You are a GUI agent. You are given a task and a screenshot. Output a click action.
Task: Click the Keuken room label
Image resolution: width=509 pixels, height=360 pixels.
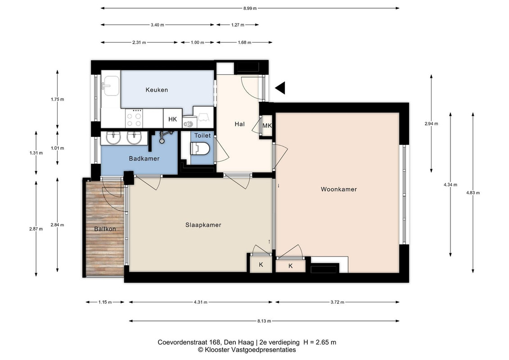pos(157,90)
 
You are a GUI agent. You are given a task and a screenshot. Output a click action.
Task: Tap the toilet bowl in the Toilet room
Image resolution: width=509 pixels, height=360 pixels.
pos(201,149)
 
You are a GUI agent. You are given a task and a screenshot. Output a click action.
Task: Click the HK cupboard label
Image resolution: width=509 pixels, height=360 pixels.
pos(173,119)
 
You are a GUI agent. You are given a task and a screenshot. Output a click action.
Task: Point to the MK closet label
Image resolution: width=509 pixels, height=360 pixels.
pos(267,126)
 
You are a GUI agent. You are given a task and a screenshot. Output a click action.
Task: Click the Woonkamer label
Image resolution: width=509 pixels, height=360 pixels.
pos(338,189)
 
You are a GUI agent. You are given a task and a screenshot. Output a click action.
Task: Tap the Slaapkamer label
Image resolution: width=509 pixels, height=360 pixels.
pos(203,225)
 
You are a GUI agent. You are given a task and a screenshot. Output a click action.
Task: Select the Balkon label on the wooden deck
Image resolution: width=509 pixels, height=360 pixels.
pos(105,229)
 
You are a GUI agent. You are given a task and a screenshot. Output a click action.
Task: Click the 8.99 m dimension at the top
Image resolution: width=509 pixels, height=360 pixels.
pos(250,9)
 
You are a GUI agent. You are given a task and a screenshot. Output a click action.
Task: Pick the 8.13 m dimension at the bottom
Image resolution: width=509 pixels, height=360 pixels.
pos(264,321)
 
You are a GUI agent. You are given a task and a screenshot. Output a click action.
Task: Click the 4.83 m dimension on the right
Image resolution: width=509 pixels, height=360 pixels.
pos(473,193)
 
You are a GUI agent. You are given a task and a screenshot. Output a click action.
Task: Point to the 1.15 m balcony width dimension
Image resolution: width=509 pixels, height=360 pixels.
pos(105,302)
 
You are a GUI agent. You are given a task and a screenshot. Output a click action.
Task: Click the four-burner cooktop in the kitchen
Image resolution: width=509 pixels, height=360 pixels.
pos(135,118)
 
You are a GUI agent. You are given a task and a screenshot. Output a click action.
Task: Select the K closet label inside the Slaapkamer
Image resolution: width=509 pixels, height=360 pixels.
pos(261,265)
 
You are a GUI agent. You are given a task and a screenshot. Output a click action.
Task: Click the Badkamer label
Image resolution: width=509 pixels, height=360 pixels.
pos(144,159)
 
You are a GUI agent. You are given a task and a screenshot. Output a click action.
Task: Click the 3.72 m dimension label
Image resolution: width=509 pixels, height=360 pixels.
pos(337,302)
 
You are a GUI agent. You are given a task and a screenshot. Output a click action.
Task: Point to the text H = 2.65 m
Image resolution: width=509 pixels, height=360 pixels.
pos(320,342)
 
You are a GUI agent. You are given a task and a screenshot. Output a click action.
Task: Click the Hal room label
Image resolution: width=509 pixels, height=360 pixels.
pos(239,124)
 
